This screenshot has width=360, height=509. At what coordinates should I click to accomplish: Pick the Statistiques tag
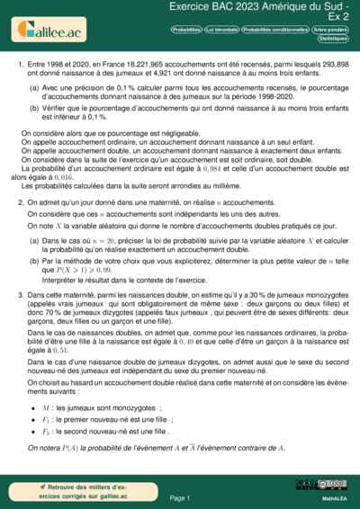(x=334, y=40)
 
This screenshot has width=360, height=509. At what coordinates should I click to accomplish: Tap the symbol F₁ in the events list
(x=58, y=418)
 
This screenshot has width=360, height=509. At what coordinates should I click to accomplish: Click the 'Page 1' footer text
(x=180, y=497)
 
